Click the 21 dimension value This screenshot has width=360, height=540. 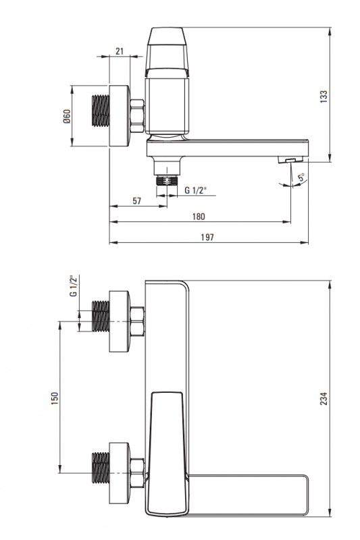120,51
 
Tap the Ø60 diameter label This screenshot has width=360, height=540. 66,116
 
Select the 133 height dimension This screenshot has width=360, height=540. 324,97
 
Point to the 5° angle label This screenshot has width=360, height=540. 301,178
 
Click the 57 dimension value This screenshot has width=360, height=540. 136,200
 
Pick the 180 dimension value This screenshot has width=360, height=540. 199,216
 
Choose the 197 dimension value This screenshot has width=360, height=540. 207,237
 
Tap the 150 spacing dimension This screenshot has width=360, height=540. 55,398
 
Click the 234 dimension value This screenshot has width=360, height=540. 324,398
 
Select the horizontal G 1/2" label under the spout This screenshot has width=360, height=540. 195,190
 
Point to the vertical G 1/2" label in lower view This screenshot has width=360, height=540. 73,286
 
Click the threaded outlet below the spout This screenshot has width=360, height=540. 167,181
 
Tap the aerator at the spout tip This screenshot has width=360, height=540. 290,159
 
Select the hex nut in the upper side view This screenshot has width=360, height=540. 136,115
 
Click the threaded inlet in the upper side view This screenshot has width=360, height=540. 101,110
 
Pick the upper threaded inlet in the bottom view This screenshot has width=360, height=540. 101,316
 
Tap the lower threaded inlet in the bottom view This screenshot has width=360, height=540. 101,467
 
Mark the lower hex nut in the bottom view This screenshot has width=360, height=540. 137,473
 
